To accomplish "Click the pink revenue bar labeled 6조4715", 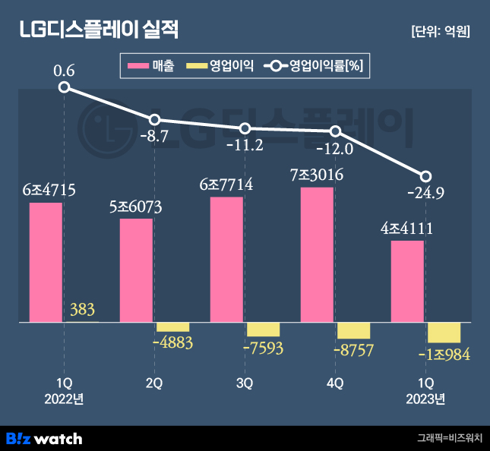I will [x=46, y=262].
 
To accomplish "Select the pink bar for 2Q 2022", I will [x=136, y=270].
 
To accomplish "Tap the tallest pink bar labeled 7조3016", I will [x=317, y=254].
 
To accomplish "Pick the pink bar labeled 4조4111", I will [x=407, y=281].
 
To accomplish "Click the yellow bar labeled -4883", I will [x=172, y=326].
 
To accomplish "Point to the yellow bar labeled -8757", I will [x=353, y=330].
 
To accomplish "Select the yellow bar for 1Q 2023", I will [x=444, y=333].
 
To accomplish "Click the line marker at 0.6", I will [x=64, y=87].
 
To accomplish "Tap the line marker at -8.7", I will [x=154, y=120].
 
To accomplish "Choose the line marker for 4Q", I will [x=335, y=132].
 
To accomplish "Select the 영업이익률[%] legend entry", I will [x=315, y=66].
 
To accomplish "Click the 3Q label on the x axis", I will [x=245, y=383].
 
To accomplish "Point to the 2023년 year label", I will [x=425, y=399].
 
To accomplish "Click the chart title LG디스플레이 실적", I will [x=99, y=31].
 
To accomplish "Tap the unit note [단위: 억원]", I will [x=440, y=32].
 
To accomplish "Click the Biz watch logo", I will [x=44, y=438].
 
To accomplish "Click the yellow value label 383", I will [x=82, y=309].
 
